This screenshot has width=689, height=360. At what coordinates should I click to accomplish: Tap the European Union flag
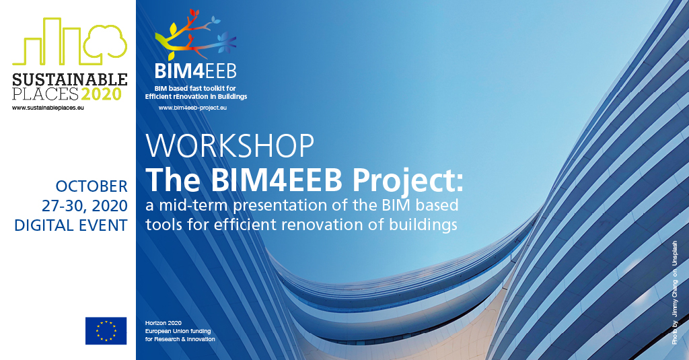coord(106,330)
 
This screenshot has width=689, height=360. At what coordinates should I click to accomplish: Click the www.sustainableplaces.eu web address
coord(48,108)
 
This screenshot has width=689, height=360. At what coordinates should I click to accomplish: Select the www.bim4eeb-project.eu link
coord(192,108)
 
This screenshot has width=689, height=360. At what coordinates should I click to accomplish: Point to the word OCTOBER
coord(92,186)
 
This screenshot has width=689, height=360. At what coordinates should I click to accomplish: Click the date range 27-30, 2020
coord(85,206)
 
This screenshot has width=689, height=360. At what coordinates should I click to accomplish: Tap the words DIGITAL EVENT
coord(71,225)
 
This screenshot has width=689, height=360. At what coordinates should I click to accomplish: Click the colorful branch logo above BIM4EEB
coord(196,35)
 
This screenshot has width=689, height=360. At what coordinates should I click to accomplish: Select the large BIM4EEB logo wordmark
coord(196,71)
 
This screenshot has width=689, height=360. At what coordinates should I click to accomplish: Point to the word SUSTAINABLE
coord(70,79)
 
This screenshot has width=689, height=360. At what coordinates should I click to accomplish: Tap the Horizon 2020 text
coord(164,323)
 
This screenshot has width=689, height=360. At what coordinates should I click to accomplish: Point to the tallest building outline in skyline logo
coord(52,40)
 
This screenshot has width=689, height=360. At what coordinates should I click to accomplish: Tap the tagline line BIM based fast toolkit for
coord(195,88)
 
